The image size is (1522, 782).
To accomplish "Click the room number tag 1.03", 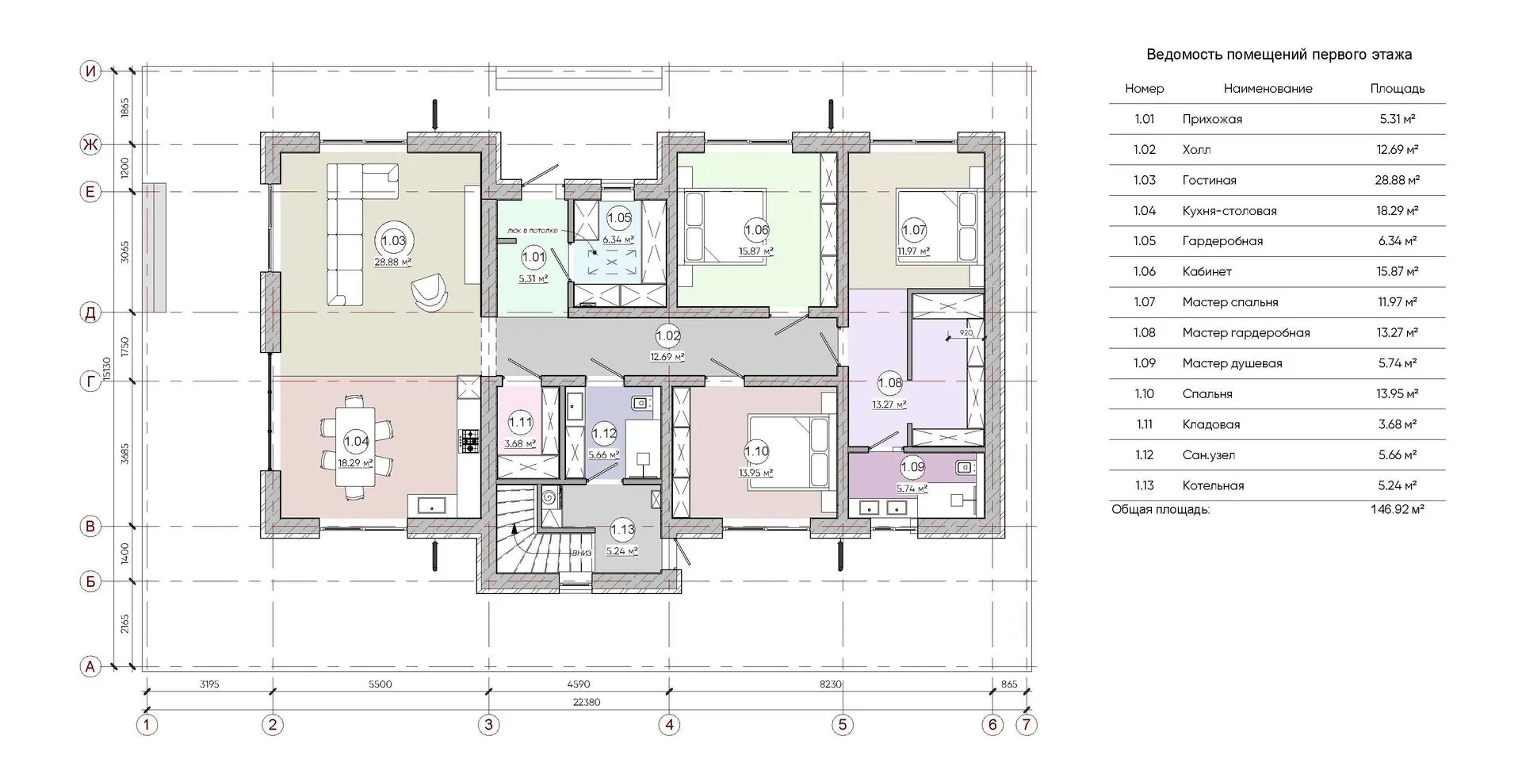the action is point(393,240).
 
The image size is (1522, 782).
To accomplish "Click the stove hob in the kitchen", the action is point(469,441).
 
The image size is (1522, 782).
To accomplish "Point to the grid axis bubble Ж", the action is point(91,144).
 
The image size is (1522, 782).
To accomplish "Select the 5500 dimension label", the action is point(380,684).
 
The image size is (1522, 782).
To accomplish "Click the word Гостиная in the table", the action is point(1209,180).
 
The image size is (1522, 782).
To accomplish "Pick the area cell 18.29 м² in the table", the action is point(1398,211).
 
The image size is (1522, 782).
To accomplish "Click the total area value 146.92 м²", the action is point(1397,509).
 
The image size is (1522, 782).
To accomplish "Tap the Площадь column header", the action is point(1398,89).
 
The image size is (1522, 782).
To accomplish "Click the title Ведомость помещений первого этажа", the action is point(1279,55).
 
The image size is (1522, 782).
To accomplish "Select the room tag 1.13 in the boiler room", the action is point(622,530).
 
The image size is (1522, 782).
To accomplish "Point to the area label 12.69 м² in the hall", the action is point(667,357).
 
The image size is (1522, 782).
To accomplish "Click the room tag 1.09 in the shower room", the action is point(912,467).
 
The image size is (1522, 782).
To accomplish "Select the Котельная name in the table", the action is point(1213,485).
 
